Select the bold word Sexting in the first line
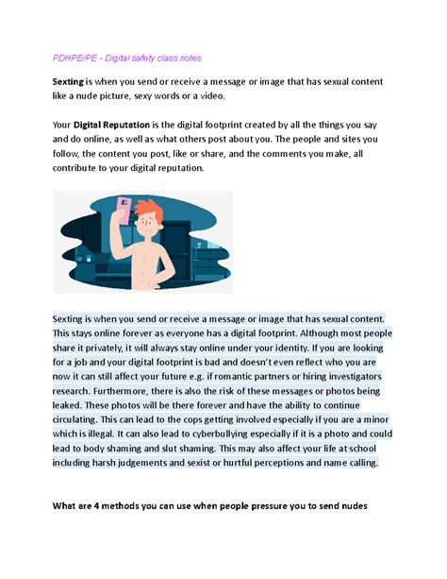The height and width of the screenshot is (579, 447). click(x=70, y=82)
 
